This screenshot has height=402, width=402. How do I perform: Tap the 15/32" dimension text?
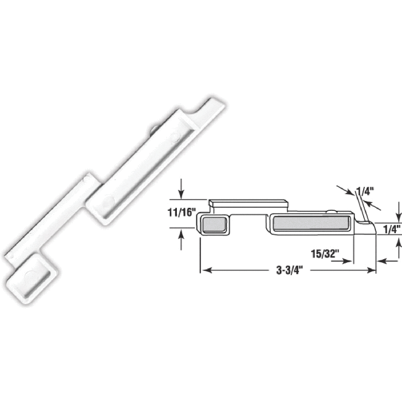(323, 253)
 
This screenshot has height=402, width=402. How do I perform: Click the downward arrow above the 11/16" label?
(181, 188)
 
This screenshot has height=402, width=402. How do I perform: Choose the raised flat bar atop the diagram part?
(247, 203)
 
